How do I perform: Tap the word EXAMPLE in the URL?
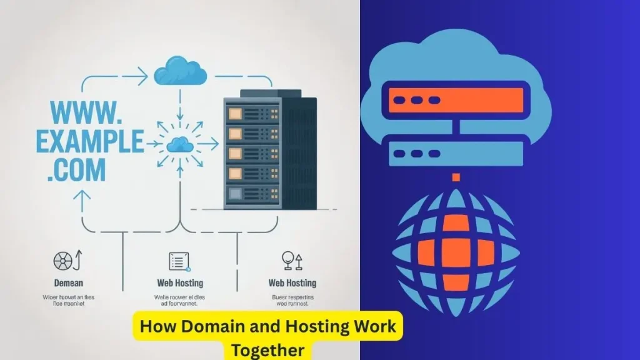(89, 141)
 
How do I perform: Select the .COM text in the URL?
(76, 170)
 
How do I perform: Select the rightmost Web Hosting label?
(292, 283)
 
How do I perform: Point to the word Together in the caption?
(267, 349)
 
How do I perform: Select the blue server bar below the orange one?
(456, 153)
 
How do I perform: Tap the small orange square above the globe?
(456, 177)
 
